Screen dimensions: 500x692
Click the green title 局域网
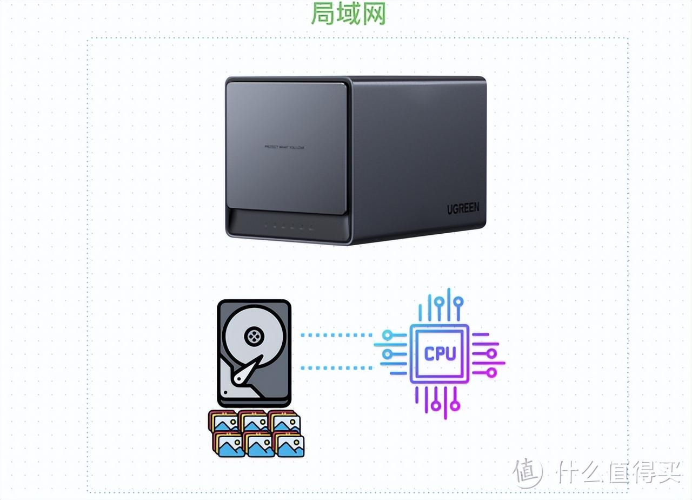tap(348, 14)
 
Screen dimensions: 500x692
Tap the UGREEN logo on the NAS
tap(463, 208)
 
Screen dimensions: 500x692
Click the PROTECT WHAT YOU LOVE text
tap(284, 147)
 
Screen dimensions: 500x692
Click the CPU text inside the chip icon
tap(440, 353)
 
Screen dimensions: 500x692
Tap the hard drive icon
tap(254, 353)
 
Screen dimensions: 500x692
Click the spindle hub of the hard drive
tap(252, 336)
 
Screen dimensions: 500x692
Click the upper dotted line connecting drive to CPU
tap(336, 335)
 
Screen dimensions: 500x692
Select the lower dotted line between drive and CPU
tap(336, 368)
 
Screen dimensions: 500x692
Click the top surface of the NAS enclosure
tap(357, 79)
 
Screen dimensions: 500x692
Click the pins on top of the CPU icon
tap(439, 309)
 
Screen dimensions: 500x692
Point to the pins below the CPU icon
tap(439, 400)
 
